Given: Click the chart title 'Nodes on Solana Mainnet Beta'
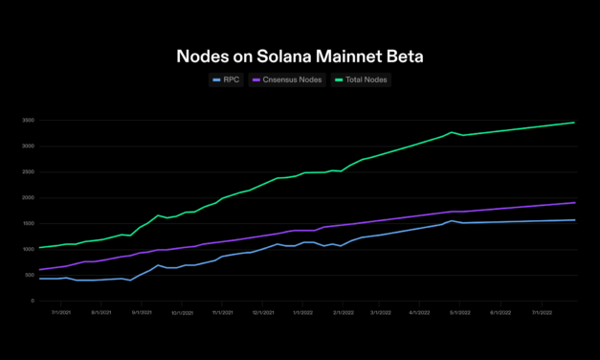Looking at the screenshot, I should coord(300,56).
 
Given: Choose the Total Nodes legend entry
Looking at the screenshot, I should coord(361,79).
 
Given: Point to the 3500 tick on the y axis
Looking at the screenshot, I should coord(29,121).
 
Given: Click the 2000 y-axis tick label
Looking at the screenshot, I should coord(29,198).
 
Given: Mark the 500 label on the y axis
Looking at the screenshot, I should coord(30,275).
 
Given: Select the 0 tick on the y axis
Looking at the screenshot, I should coord(33,301).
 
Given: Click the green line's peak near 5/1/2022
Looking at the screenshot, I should coord(452,132).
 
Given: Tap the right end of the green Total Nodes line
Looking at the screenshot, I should coord(574,123).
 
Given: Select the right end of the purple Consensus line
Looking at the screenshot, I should coord(574,202).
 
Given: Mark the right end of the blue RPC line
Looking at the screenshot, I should coord(574,220).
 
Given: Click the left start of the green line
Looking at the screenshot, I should coord(38,248).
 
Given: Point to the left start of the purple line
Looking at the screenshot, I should coord(38,270).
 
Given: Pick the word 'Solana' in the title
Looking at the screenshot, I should coord(278,56).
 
